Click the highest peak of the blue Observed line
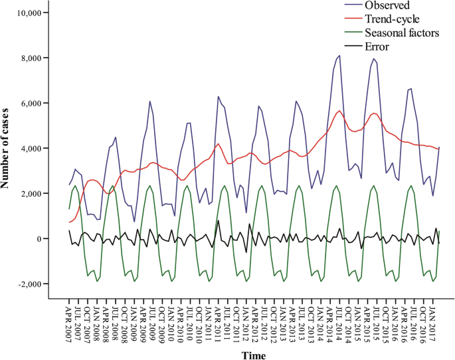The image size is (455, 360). (339, 56)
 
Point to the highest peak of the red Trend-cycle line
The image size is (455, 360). (339, 110)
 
